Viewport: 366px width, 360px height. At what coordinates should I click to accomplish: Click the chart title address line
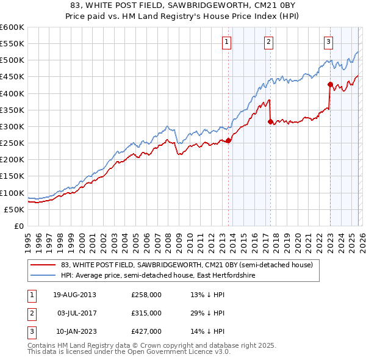click(183, 5)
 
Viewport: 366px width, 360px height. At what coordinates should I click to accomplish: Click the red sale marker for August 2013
click(229, 140)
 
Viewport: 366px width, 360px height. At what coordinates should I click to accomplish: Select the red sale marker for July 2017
click(270, 121)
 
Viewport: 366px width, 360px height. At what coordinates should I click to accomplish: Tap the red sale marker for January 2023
click(330, 85)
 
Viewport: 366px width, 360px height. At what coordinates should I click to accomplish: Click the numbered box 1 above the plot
click(226, 42)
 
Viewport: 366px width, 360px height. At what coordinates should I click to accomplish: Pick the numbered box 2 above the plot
click(268, 42)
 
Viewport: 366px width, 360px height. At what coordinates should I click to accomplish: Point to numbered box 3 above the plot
click(328, 42)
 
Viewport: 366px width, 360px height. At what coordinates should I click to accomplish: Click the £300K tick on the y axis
click(12, 126)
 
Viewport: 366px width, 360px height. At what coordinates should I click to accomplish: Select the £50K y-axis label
click(14, 209)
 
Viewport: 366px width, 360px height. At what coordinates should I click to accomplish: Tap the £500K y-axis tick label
click(12, 60)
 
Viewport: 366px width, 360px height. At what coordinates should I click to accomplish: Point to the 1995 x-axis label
click(28, 238)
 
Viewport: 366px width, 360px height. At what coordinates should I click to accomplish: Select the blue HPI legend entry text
click(157, 276)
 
